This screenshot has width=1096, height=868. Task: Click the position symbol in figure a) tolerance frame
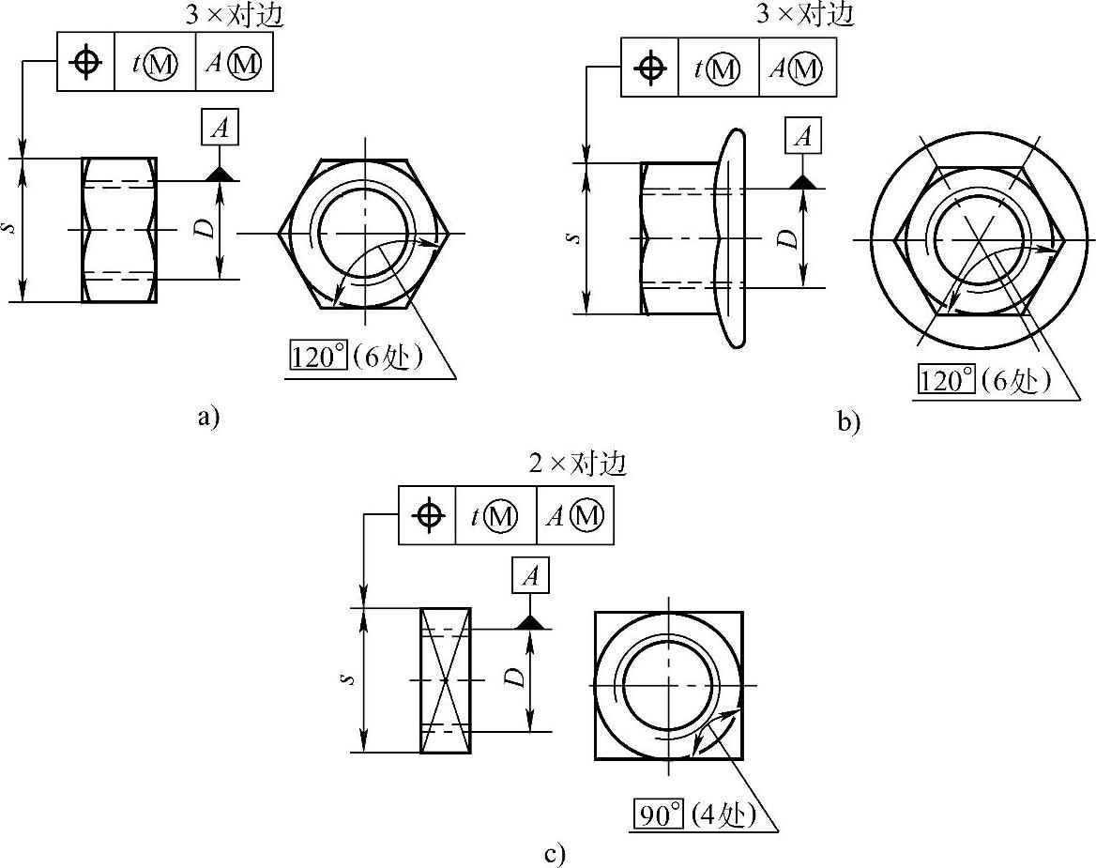[85, 63]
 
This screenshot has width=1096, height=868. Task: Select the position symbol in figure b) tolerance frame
[650, 68]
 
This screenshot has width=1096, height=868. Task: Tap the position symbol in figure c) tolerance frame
[429, 516]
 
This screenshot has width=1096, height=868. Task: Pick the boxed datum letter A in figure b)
[802, 135]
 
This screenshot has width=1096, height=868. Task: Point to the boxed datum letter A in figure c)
[530, 575]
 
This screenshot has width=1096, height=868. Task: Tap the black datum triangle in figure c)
[530, 622]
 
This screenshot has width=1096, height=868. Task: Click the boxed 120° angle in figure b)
[946, 380]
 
